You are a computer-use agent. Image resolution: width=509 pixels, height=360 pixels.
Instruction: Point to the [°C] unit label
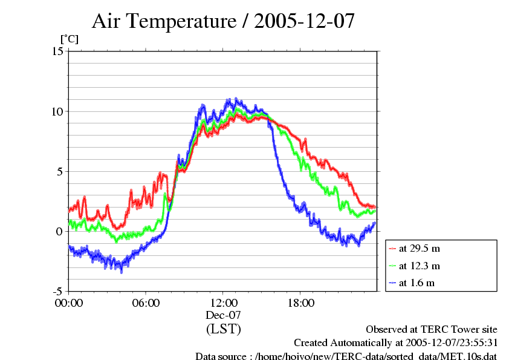click(x=69, y=39)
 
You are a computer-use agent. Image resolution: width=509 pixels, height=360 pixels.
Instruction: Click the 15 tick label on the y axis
click(x=57, y=51)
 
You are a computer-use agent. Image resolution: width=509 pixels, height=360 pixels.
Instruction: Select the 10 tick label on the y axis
click(x=57, y=111)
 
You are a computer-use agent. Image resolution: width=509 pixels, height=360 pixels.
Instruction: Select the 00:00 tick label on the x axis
click(x=68, y=303)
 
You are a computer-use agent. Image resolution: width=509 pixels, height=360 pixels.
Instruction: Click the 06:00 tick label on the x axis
click(x=146, y=303)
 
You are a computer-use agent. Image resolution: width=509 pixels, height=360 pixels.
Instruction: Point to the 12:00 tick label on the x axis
click(x=223, y=303)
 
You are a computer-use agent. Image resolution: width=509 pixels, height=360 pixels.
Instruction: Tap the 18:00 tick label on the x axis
click(x=300, y=303)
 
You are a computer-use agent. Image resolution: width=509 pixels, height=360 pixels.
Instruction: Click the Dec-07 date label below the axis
click(x=223, y=315)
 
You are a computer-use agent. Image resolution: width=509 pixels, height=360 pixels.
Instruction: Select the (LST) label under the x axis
click(x=223, y=330)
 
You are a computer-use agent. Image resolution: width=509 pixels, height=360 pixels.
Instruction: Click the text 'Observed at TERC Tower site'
click(x=432, y=330)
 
